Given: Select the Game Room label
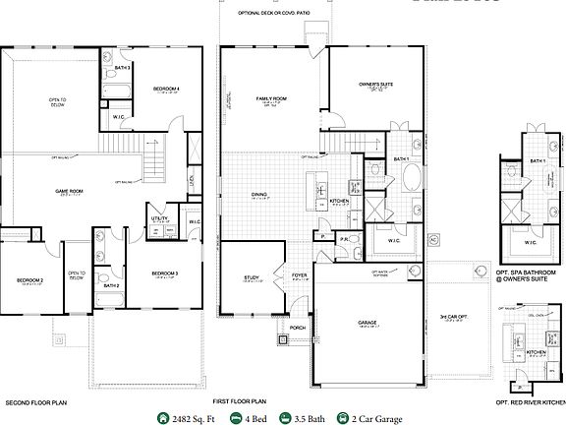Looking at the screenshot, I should [69, 189].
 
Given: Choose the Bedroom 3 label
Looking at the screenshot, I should [164, 273].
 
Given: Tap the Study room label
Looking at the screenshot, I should [252, 277].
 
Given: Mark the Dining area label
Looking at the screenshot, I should [259, 194].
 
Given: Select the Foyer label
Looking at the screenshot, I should [299, 276].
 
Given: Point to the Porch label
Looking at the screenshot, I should [298, 329].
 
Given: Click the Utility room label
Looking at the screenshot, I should [158, 219].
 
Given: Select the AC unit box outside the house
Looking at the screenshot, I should [432, 239].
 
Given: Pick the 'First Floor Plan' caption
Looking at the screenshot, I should [240, 402].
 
